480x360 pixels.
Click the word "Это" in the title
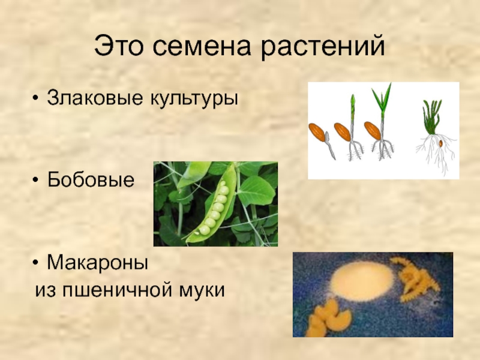[x=118, y=46]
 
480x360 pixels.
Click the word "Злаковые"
[x=95, y=98]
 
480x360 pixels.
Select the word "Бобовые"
[x=91, y=179]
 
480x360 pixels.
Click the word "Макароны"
[x=98, y=263]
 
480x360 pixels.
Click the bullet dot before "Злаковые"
[x=36, y=98]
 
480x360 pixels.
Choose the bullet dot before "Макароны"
[x=36, y=263]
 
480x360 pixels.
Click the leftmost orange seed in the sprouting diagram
[x=317, y=132]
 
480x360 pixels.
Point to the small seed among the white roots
[x=441, y=143]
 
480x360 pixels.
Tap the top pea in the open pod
[x=223, y=184]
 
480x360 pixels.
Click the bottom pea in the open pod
[x=204, y=230]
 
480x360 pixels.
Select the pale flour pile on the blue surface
[x=362, y=281]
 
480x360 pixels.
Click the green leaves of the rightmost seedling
[x=431, y=117]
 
